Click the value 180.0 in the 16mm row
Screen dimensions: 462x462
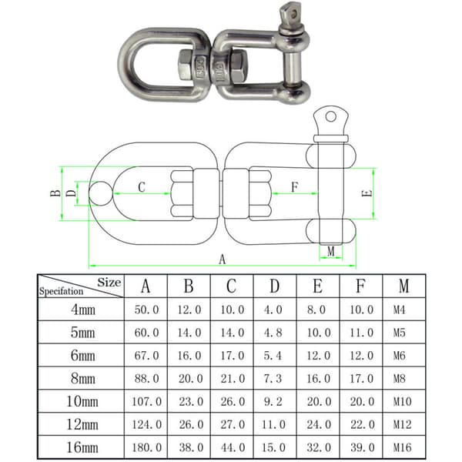146,447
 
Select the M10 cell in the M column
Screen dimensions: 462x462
402,401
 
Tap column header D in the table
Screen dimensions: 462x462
275,286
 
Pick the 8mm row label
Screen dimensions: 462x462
83,378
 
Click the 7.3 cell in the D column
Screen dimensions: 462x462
273,378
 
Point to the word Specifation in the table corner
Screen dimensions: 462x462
62,291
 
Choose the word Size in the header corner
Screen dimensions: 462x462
109,283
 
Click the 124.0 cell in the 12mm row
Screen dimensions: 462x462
146,424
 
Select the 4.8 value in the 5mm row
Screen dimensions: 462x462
273,333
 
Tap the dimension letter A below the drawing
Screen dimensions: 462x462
223,259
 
